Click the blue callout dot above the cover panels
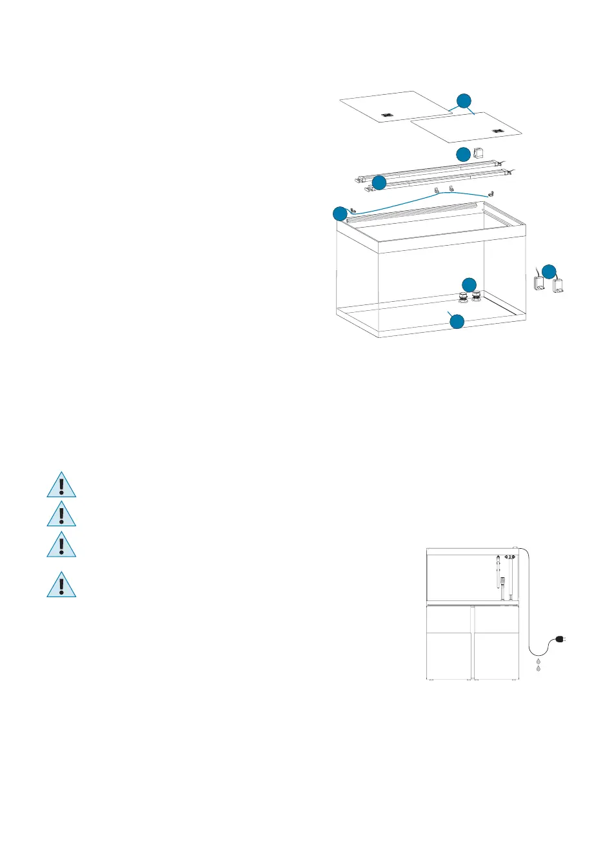[x=464, y=101]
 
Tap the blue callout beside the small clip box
[x=463, y=155]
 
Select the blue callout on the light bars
[x=379, y=183]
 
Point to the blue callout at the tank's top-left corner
[x=340, y=213]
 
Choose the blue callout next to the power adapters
[x=548, y=272]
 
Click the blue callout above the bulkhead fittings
[x=469, y=284]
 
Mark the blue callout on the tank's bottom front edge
[x=457, y=321]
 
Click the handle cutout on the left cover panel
[x=386, y=115]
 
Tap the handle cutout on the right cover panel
[x=497, y=132]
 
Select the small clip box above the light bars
[x=479, y=153]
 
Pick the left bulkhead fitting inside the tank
[x=463, y=297]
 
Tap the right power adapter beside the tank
[x=558, y=286]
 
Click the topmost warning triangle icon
[x=61, y=485]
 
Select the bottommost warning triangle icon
[x=61, y=584]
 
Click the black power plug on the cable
[x=560, y=640]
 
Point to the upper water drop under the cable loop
[x=538, y=662]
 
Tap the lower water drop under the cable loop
[x=538, y=670]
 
